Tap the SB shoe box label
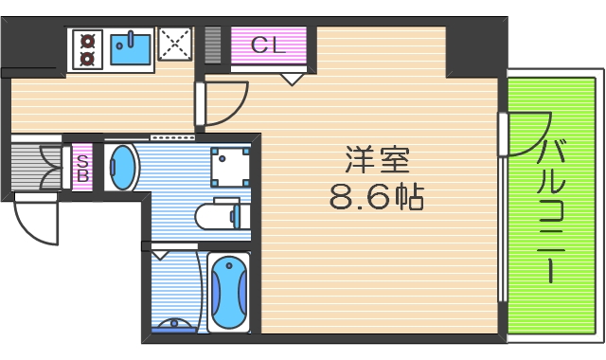(x=82, y=168)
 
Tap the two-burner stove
(x=87, y=48)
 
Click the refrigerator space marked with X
(x=175, y=45)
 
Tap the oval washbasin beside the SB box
(x=122, y=168)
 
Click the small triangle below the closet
(x=293, y=79)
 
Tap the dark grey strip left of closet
(x=214, y=45)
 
